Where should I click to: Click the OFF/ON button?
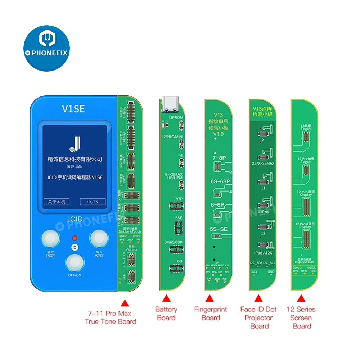(75, 264)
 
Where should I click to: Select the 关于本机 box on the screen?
(56, 202)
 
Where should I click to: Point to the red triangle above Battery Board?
(166, 298)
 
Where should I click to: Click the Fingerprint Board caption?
(211, 313)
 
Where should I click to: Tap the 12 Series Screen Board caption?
(301, 318)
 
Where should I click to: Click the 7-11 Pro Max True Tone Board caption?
(111, 318)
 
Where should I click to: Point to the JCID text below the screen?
(75, 219)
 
